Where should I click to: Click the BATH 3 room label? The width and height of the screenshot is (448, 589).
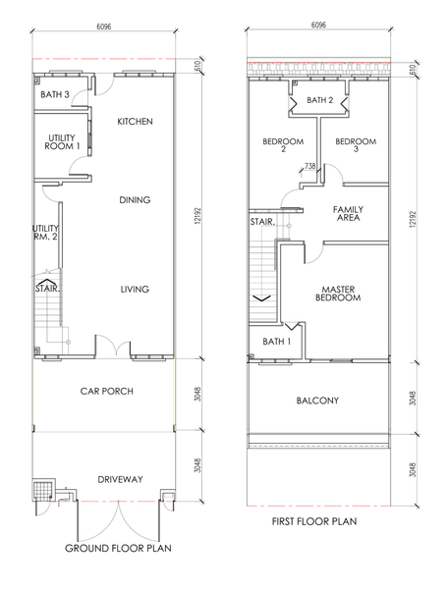55,94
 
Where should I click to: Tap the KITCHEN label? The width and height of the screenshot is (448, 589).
135,122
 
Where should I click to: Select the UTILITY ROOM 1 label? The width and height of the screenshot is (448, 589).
62,142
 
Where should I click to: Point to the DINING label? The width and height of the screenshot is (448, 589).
135,200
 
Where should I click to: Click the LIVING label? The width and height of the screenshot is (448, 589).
135,290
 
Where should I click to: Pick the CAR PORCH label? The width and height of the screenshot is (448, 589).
107,392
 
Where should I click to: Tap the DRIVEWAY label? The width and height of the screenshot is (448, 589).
120,480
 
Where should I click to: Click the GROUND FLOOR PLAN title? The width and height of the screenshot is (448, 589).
118,549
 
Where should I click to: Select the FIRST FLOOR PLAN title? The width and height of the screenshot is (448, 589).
314,521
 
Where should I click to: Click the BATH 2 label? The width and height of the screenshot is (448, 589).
320,100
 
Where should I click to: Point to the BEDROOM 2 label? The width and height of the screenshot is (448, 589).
283,145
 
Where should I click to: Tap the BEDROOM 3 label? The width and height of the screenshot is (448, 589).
356,145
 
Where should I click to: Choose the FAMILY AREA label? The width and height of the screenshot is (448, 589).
348,213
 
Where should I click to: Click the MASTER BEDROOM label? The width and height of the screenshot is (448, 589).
338,294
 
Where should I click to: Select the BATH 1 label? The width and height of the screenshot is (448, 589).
277,342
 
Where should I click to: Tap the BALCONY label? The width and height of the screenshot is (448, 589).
317,401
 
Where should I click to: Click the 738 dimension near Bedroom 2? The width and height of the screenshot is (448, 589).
309,166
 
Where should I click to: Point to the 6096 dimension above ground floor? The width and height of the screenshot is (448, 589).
104,27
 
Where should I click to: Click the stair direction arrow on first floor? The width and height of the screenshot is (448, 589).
262,298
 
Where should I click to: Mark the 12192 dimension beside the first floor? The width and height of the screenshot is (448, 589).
413,219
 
